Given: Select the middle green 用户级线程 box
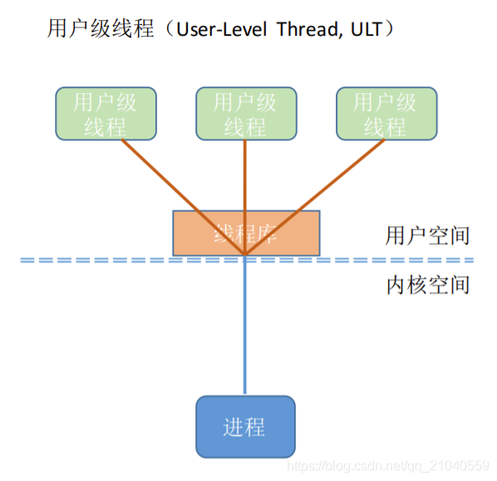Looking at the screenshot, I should point(245,114).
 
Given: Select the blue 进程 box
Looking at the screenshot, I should point(245,427).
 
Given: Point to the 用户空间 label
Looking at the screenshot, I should point(427,236).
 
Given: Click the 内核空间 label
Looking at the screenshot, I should point(427,285).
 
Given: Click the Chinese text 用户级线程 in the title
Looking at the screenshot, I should point(102,29).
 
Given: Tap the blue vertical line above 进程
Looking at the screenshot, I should point(245,333).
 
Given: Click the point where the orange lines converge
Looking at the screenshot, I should point(245,255).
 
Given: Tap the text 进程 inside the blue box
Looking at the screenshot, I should point(244,428).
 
